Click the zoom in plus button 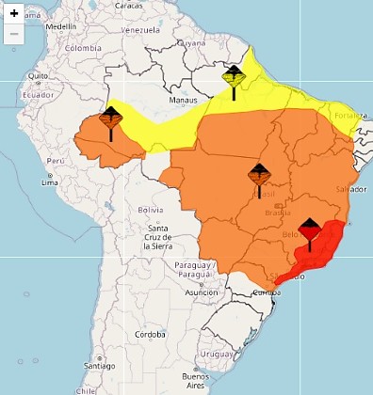[14, 15]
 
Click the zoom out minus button [14, 34]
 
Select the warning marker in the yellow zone [234, 78]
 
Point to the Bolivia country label [151, 209]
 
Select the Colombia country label [83, 48]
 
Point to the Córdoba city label [148, 333]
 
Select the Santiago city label [97, 366]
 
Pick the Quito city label [39, 75]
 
